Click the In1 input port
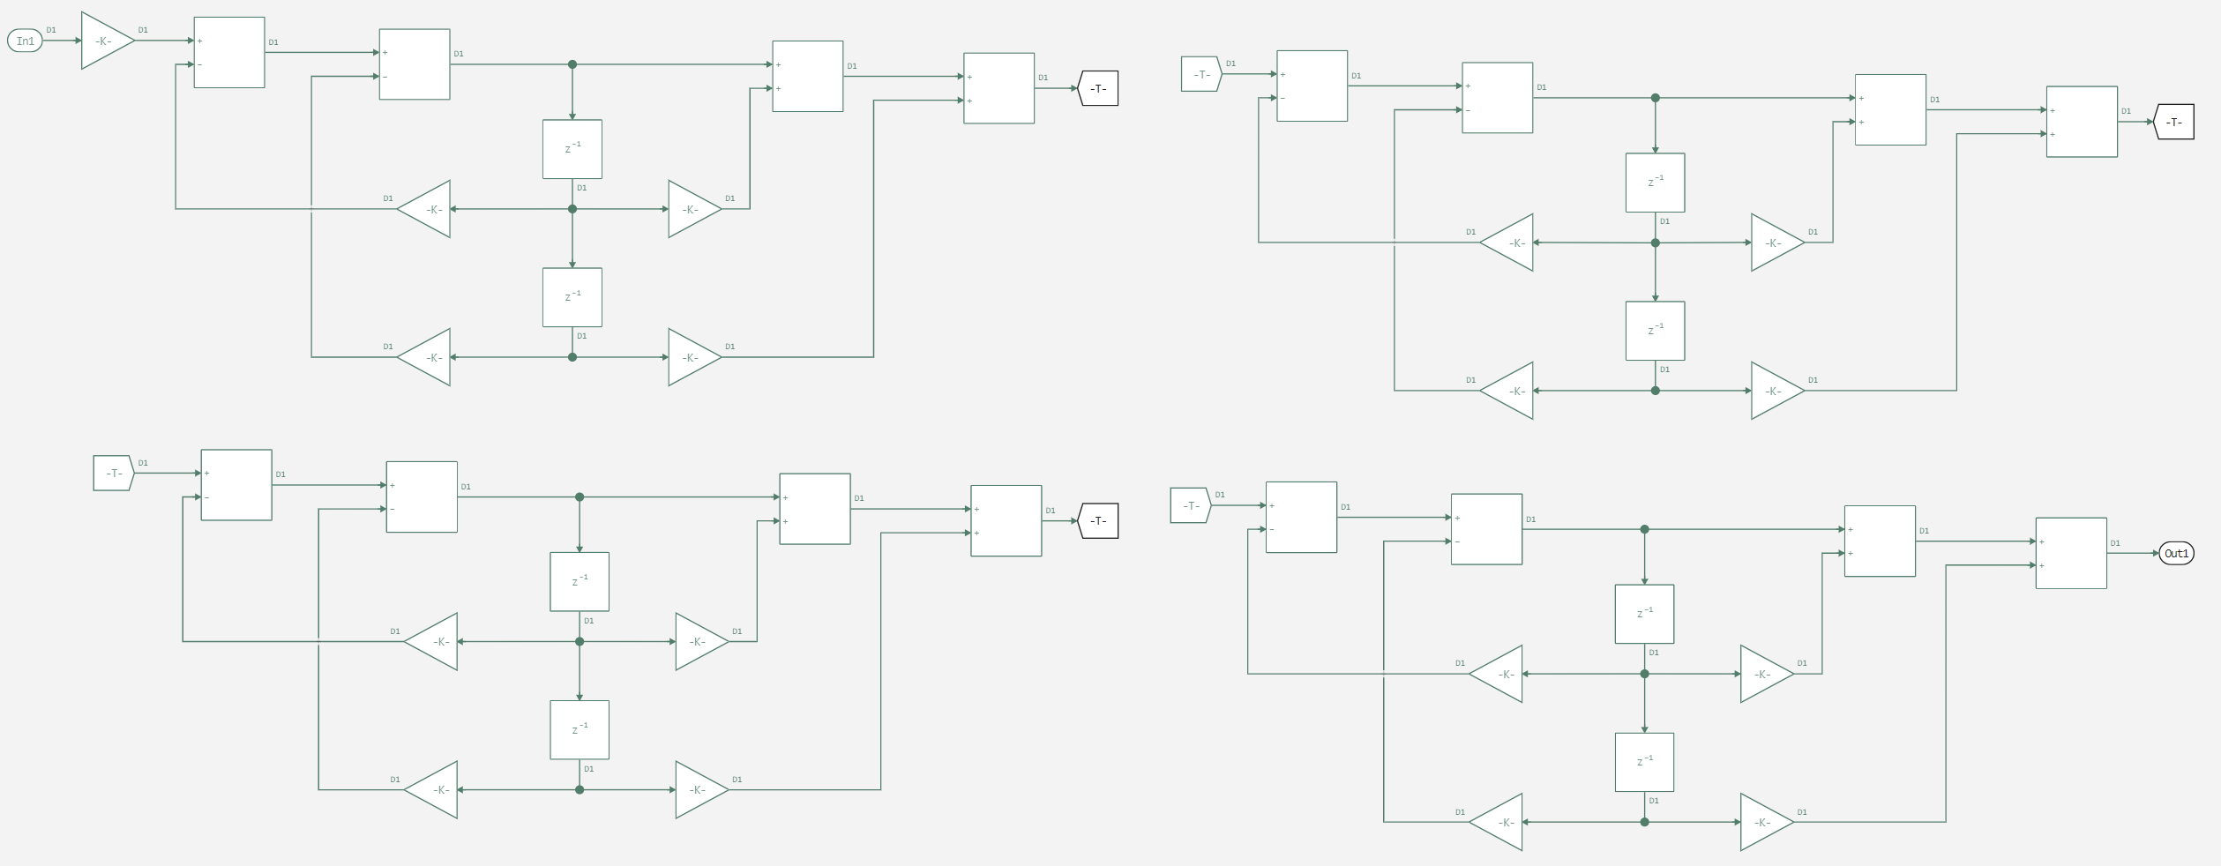click(25, 41)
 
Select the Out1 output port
click(2176, 554)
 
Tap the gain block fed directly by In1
click(107, 41)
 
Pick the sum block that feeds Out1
click(2070, 553)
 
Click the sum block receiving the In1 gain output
click(228, 52)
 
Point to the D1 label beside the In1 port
click(51, 30)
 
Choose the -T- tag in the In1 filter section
click(1098, 88)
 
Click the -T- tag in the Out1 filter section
click(1190, 505)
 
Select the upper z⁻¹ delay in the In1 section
click(572, 149)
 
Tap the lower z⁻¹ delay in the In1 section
click(572, 297)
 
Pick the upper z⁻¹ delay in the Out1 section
click(1644, 614)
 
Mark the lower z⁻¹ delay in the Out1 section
click(1644, 762)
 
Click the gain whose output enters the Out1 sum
click(1766, 822)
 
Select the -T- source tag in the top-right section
click(1201, 74)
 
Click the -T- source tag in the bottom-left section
click(113, 474)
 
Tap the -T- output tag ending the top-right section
click(2174, 122)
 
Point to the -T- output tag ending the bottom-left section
click(1098, 521)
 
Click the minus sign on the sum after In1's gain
click(200, 64)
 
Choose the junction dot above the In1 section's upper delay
click(572, 64)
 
